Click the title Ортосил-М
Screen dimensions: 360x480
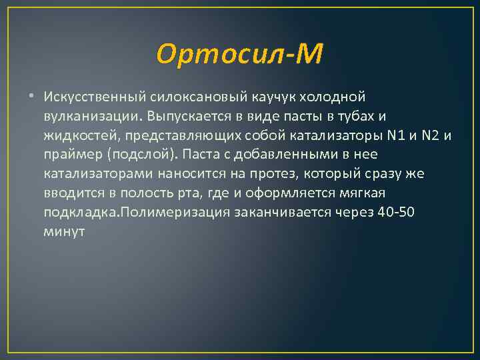click(x=240, y=53)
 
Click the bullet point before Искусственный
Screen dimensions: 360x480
click(x=33, y=99)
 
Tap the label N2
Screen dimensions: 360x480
click(x=433, y=137)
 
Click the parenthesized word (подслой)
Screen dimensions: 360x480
click(x=141, y=155)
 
